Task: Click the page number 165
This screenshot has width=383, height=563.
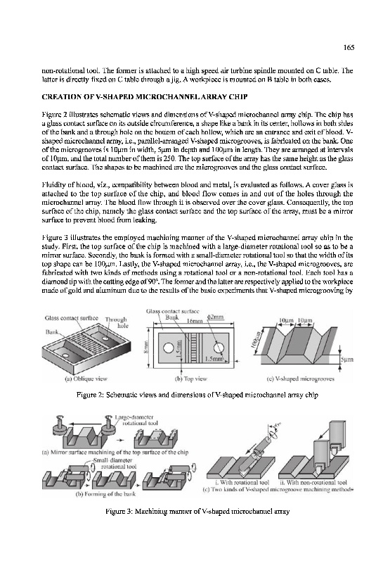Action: pos(349,48)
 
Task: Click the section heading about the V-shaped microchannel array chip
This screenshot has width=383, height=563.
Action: pos(145,97)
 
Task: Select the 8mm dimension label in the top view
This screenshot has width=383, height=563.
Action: pos(146,347)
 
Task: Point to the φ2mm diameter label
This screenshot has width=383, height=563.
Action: pos(216,317)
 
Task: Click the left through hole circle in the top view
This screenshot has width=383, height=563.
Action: pos(168,348)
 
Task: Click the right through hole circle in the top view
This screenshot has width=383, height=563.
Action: pos(219,348)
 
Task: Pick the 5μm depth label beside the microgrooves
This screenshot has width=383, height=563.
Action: pos(346,359)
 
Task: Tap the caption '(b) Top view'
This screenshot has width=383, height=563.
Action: pos(190,379)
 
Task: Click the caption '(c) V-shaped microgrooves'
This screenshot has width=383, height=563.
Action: pos(300,379)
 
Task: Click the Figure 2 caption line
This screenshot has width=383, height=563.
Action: pos(197,395)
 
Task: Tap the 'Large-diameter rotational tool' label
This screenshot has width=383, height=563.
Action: pos(136,420)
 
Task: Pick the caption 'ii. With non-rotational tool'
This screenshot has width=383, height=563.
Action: pos(313,483)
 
